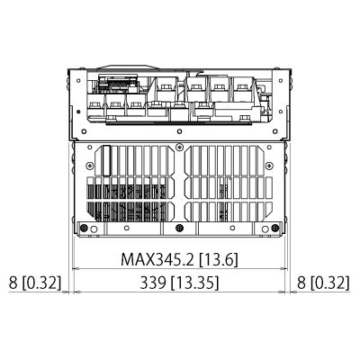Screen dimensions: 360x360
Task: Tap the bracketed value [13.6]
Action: tap(219, 259)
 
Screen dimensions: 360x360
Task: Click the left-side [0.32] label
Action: tap(42, 283)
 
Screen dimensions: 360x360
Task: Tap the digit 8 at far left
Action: tap(13, 283)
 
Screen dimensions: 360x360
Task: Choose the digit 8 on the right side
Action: tap(301, 283)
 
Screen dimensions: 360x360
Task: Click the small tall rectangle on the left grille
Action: tap(105, 163)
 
